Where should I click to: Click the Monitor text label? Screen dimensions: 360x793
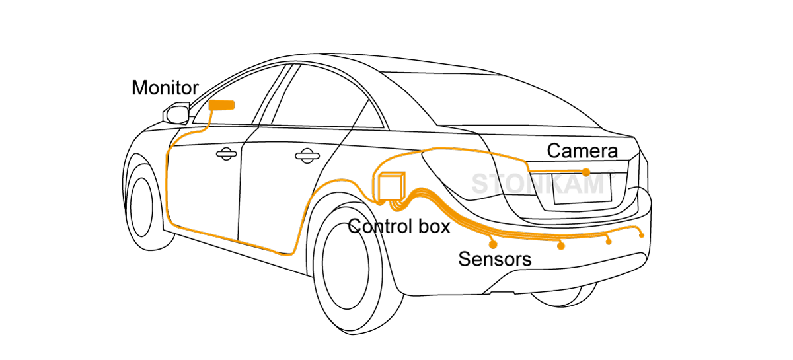pyautogui.click(x=165, y=87)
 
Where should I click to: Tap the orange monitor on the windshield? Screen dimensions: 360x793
pyautogui.click(x=222, y=105)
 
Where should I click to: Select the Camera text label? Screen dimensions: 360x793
pyautogui.click(x=582, y=151)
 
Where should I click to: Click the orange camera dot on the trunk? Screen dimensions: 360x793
pyautogui.click(x=586, y=172)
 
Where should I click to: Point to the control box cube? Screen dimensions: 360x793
pyautogui.click(x=390, y=186)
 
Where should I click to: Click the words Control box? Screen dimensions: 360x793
pyautogui.click(x=399, y=227)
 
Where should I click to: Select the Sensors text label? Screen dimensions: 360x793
pyautogui.click(x=494, y=259)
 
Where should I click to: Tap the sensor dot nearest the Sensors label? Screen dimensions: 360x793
pyautogui.click(x=493, y=244)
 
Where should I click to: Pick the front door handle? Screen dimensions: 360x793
pyautogui.click(x=227, y=153)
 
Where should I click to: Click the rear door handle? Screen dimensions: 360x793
pyautogui.click(x=305, y=156)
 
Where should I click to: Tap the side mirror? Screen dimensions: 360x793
pyautogui.click(x=176, y=114)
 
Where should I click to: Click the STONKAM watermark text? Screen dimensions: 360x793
pyautogui.click(x=539, y=184)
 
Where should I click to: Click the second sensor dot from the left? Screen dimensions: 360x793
pyautogui.click(x=561, y=246)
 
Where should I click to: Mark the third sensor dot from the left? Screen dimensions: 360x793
pyautogui.click(x=609, y=241)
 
